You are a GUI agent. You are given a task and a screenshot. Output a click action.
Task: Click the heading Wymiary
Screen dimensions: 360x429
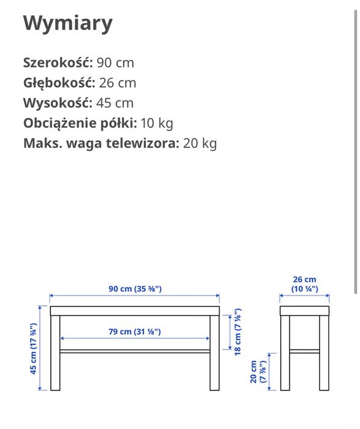[x=68, y=23]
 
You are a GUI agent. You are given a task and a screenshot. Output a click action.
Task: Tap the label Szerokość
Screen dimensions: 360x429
[x=58, y=63]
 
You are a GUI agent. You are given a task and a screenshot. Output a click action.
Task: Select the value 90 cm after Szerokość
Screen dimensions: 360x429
[x=115, y=63]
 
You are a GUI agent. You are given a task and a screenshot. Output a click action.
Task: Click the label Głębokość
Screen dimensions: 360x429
[x=59, y=83]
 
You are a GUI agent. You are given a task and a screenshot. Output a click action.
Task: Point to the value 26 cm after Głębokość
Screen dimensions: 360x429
[x=118, y=83]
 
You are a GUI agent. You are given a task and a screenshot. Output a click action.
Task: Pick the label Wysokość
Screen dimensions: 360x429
[x=57, y=103]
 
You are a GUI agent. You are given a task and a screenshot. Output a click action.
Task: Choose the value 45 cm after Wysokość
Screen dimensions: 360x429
[x=115, y=103]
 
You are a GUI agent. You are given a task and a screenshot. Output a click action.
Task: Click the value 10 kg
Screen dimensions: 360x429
[x=157, y=123]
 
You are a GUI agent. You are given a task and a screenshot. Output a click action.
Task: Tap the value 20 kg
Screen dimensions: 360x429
[x=200, y=143]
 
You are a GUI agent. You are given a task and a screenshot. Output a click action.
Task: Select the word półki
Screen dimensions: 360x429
[x=119, y=123]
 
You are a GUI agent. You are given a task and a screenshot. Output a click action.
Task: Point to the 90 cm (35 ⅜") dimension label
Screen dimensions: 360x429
[x=135, y=289]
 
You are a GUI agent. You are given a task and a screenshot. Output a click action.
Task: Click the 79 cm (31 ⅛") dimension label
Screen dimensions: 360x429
[x=134, y=332]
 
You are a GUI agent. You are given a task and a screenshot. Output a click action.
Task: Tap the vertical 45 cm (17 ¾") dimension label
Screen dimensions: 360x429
[x=34, y=348]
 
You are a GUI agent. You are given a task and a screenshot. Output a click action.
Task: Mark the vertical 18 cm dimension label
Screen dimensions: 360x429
[x=238, y=334]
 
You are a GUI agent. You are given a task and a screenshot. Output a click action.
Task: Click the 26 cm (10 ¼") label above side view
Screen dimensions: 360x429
[x=305, y=284]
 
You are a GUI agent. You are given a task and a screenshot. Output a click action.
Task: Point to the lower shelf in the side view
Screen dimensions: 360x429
[x=305, y=351]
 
